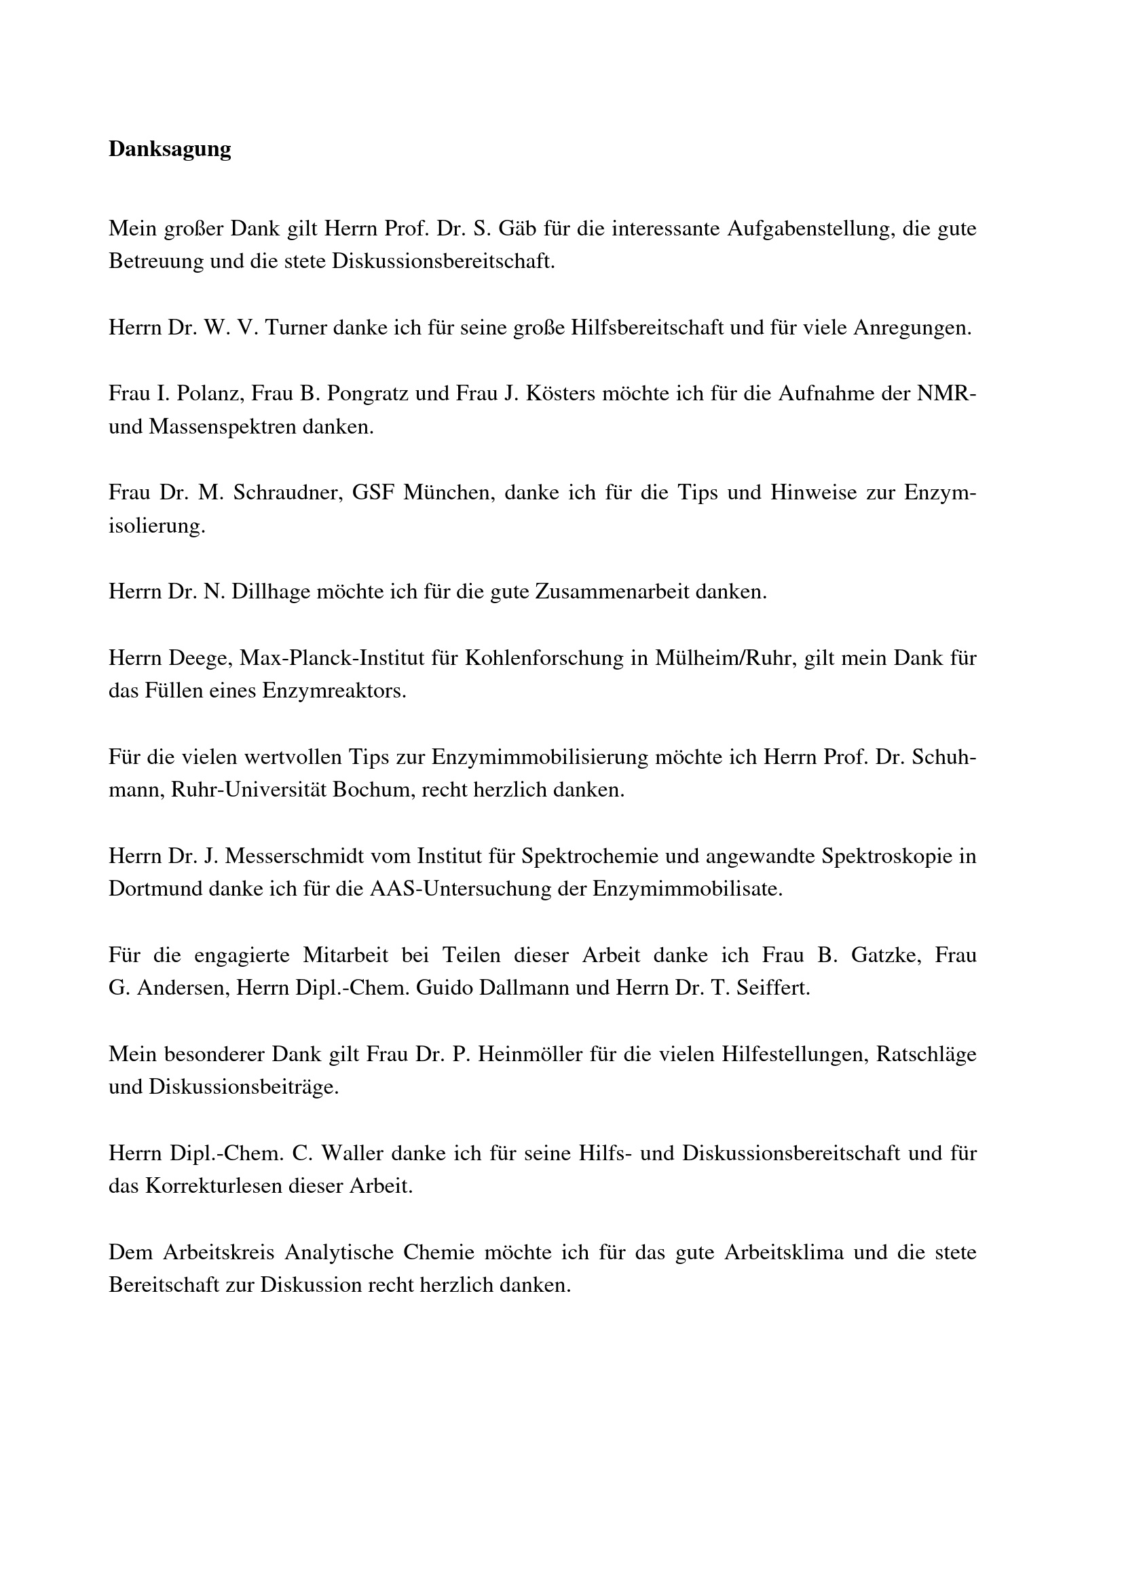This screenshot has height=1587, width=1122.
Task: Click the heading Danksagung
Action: click(x=170, y=149)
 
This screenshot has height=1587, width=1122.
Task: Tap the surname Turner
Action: click(x=296, y=328)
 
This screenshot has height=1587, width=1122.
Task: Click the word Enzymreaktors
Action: click(x=334, y=691)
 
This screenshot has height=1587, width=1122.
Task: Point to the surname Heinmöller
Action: click(x=530, y=1055)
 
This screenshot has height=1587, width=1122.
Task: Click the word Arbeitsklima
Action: click(x=784, y=1253)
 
